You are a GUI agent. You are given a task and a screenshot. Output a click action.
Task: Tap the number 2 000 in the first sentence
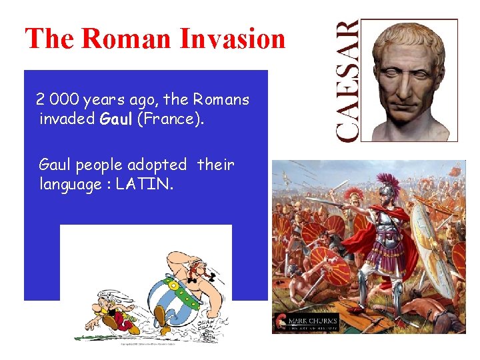57,100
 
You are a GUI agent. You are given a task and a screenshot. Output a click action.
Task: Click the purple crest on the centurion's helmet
388,181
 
